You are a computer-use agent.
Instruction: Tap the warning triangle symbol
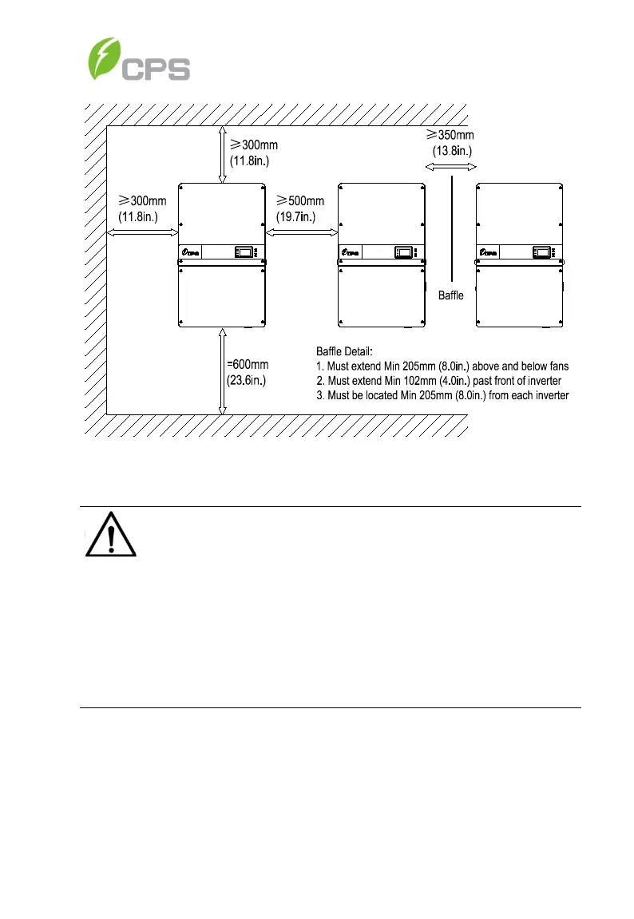click(x=112, y=536)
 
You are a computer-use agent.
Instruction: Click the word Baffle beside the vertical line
click(x=451, y=295)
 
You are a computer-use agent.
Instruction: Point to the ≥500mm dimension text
click(x=300, y=200)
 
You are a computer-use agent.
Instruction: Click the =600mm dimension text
click(x=248, y=365)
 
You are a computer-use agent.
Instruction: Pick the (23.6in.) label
click(x=246, y=380)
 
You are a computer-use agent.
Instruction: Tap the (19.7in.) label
click(x=295, y=216)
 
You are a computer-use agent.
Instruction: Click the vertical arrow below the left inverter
click(x=221, y=371)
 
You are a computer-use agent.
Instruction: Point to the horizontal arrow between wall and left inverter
click(x=142, y=232)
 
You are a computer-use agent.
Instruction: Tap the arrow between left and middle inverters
click(x=301, y=232)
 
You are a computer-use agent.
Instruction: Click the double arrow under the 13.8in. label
click(x=450, y=167)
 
